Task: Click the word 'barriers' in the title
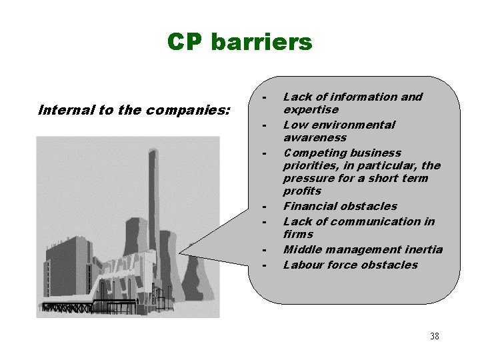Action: (261, 42)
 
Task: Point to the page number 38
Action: (434, 336)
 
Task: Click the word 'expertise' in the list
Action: (311, 109)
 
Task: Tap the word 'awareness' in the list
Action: (315, 137)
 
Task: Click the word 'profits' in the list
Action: (302, 191)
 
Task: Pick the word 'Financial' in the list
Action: (309, 206)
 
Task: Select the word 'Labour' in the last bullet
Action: (303, 265)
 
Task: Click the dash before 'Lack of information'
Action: (265, 98)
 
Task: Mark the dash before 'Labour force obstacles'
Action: (265, 266)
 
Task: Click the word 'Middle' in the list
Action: (301, 249)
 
